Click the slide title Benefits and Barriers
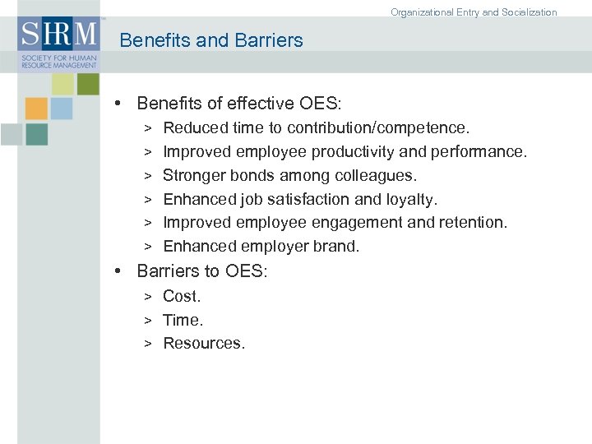coord(211,40)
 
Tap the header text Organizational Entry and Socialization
coord(474,12)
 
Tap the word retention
coord(474,223)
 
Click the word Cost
coord(182,296)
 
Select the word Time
coord(183,320)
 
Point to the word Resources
coord(204,344)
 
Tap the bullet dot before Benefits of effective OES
coord(119,104)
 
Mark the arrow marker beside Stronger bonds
coord(148,176)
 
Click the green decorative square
coord(87,84)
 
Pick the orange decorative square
coord(36,109)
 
